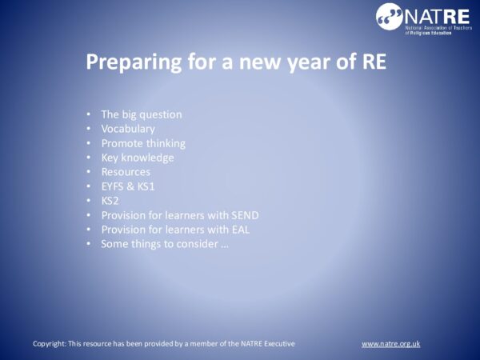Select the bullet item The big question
click(142, 114)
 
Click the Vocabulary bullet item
click(128, 129)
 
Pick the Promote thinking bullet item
click(143, 143)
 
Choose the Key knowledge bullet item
click(138, 158)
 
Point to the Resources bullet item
click(126, 172)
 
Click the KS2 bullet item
click(110, 201)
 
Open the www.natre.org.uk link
click(390, 343)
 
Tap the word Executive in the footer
click(278, 343)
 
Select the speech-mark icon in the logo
click(390, 15)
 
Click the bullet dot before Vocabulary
click(89, 129)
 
